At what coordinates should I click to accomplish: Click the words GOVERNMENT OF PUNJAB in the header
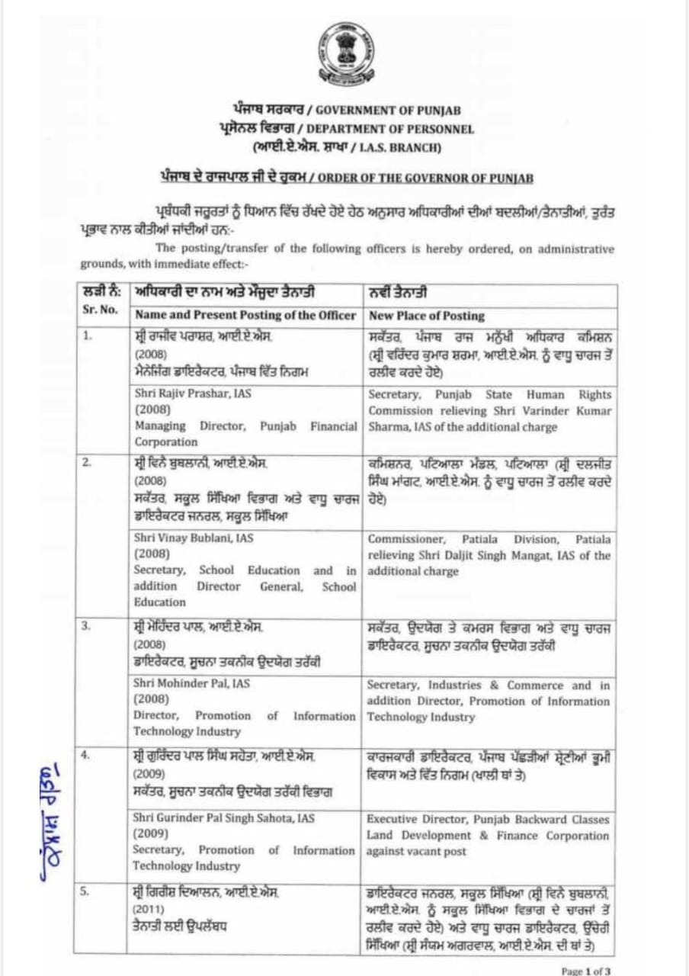(388, 111)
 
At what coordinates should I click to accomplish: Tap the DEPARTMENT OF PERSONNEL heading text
(390, 130)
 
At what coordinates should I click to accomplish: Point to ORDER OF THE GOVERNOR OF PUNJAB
(425, 178)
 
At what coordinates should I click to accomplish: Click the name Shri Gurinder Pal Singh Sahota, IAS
(223, 818)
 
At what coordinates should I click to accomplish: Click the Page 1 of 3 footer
(586, 971)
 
